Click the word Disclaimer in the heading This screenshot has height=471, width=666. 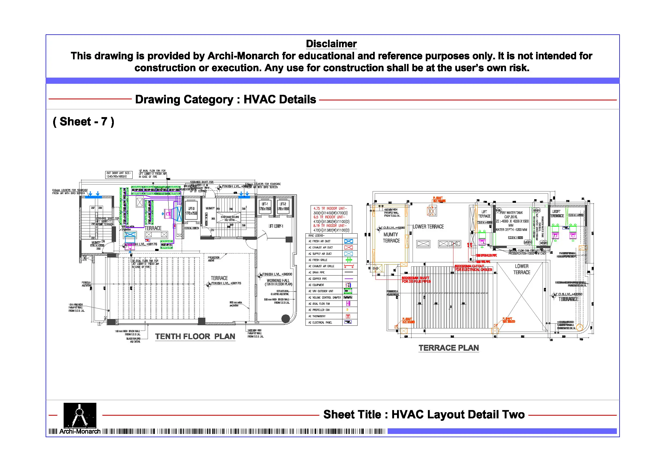coord(331,44)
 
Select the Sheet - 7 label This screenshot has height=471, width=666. coord(83,122)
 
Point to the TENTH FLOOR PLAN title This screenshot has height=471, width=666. coord(195,337)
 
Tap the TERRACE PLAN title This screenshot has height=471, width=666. coord(449,348)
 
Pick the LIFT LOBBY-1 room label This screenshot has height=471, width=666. coord(276,226)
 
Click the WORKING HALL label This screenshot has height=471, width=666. coord(278,281)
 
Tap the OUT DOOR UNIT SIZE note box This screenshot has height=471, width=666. coord(119,175)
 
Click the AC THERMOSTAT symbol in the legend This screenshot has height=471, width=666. coord(348,316)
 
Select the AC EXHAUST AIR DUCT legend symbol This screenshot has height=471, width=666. coord(348,248)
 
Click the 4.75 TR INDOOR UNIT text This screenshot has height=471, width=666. coord(330,209)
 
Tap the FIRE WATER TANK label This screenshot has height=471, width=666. coord(511,213)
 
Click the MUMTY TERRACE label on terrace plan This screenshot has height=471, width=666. coord(391,238)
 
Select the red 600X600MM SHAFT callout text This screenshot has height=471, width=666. coord(415,278)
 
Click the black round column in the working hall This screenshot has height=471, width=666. coord(286,319)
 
